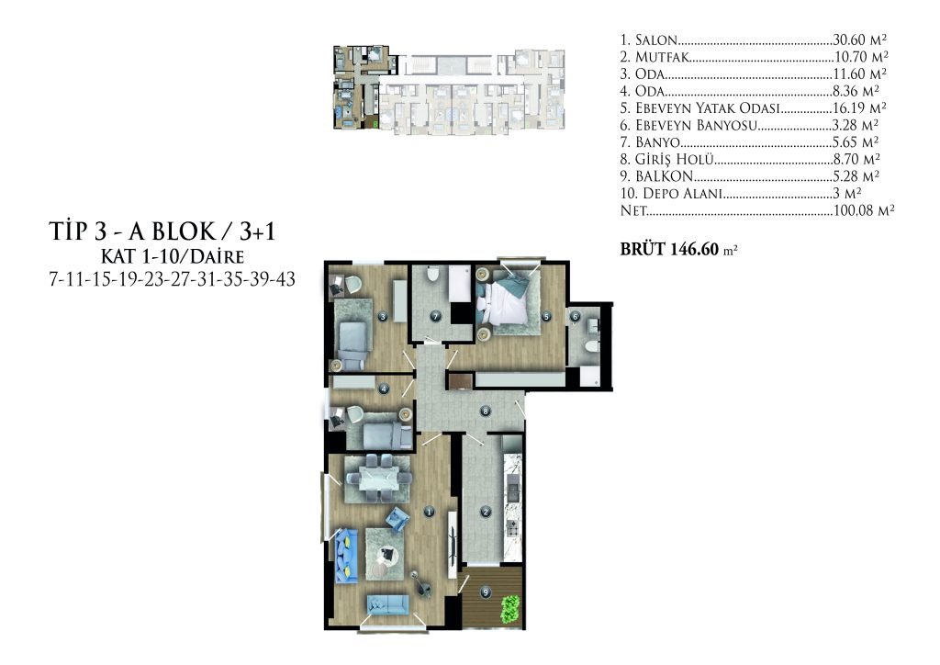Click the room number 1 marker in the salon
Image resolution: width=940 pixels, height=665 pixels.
429,512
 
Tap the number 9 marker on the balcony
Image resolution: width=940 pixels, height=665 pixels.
486,592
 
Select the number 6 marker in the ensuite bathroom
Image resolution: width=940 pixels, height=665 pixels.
576,317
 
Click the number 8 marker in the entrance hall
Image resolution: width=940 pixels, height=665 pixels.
486,411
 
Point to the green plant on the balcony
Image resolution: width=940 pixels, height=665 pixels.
510,609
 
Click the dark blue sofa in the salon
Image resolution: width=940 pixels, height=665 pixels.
346,555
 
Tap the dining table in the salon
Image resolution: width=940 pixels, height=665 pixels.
378,479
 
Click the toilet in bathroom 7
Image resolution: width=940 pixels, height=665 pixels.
432,276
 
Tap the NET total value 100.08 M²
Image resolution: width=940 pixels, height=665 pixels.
864,210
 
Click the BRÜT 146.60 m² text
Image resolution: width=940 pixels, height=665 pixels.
678,249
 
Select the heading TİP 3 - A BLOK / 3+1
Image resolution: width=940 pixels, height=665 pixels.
162,231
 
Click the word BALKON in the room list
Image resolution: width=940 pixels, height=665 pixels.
665,176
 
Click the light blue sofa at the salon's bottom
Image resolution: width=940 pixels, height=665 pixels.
387,603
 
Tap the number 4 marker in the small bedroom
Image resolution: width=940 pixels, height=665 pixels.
385,389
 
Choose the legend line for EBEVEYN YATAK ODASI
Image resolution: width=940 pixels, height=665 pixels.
753,108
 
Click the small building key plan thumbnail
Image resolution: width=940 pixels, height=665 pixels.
449,89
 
